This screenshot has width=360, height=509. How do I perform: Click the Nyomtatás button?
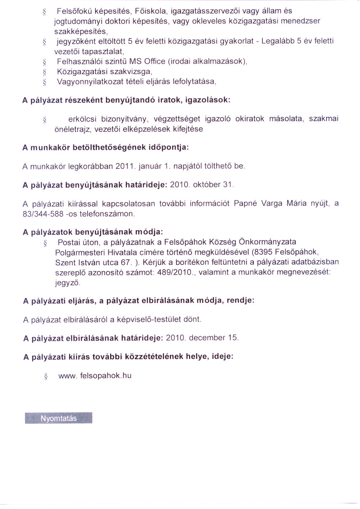pyautogui.click(x=59, y=418)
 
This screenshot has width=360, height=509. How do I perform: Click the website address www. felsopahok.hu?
pyautogui.click(x=95, y=376)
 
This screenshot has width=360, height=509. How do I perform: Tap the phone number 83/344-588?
pyautogui.click(x=43, y=214)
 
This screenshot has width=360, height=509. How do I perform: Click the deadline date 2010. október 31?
pyautogui.click(x=202, y=185)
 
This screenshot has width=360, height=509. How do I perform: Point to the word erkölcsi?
pyautogui.click(x=82, y=119)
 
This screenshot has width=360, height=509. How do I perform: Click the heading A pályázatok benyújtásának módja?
pyautogui.click(x=93, y=232)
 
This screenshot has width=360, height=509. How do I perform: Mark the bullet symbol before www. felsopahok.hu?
pyautogui.click(x=45, y=377)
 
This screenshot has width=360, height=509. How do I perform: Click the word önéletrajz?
pyautogui.click(x=72, y=129)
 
